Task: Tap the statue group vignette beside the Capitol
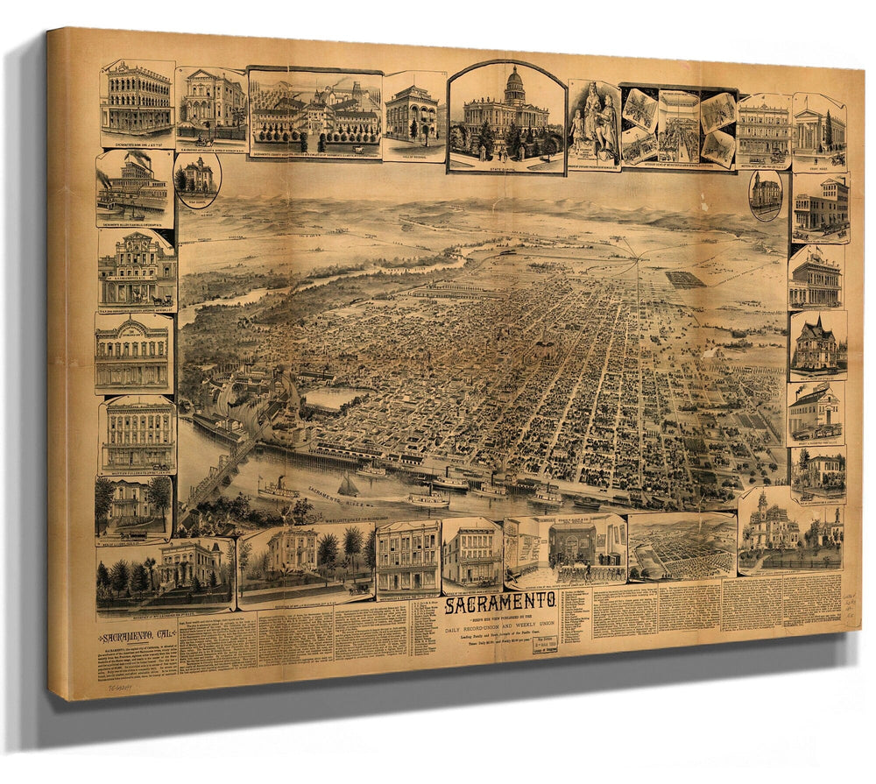click(593, 123)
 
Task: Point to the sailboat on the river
click(348, 484)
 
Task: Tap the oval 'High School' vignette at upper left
click(197, 179)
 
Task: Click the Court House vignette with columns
click(819, 130)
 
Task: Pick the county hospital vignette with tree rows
click(314, 114)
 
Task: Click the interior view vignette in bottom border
click(565, 552)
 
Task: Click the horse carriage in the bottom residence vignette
click(357, 588)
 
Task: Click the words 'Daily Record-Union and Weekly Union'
click(500, 624)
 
